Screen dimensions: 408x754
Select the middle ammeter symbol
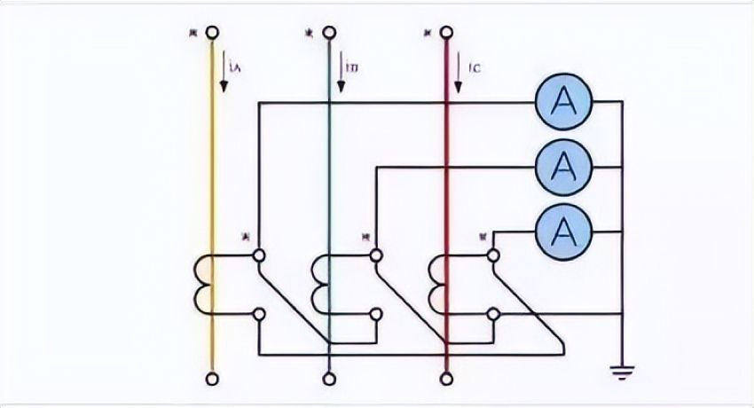(x=562, y=165)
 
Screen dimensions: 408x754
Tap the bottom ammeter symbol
(x=562, y=229)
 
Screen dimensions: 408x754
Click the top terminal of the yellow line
(x=212, y=33)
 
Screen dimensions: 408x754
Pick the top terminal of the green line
(x=329, y=33)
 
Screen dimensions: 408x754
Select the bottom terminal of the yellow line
(x=212, y=380)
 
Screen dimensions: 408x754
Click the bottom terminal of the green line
(x=329, y=380)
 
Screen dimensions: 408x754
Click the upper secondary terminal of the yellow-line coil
(x=258, y=255)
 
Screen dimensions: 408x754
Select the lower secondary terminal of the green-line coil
(x=376, y=313)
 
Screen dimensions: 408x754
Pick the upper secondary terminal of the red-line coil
(x=493, y=255)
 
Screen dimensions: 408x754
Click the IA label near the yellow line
(x=234, y=65)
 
